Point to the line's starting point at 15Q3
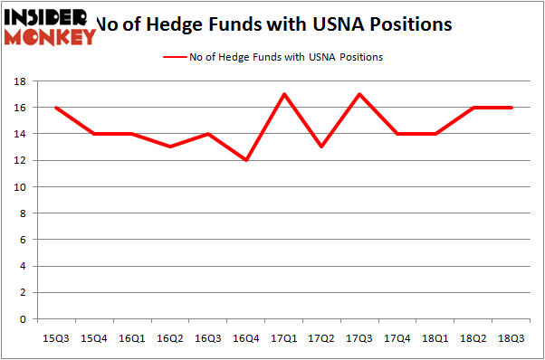click(56, 108)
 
